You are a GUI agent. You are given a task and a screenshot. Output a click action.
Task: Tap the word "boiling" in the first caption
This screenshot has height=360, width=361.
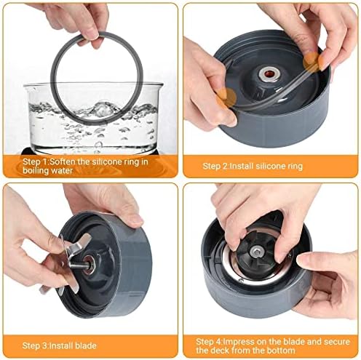click(36, 170)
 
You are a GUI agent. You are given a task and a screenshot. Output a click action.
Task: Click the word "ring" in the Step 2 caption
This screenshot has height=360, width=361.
click(295, 167)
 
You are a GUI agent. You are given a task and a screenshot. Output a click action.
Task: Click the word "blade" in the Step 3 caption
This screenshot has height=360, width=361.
click(86, 345)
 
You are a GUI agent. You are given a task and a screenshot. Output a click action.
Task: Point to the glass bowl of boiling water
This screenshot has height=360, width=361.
click(93, 118)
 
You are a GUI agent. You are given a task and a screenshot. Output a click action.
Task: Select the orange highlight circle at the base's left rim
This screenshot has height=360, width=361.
click(227, 97)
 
